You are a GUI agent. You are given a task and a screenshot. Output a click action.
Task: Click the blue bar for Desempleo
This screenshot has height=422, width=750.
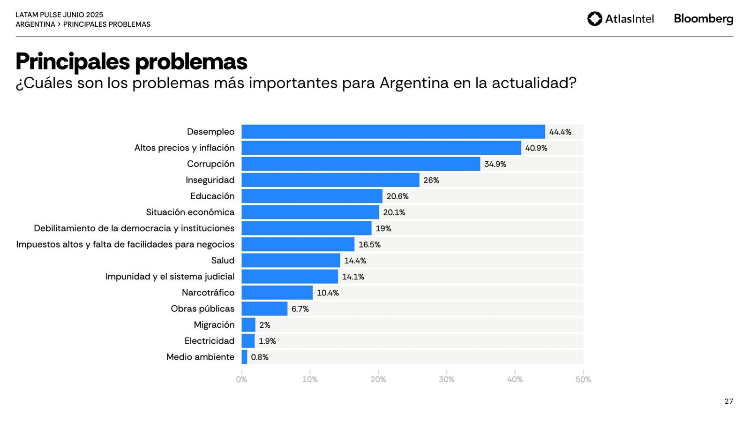393,132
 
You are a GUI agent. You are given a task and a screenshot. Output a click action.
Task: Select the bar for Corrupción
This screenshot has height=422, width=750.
360,164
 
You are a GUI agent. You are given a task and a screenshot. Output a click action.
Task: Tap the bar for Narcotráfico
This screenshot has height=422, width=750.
277,293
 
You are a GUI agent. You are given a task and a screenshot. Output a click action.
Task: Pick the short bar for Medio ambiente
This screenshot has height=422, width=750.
244,357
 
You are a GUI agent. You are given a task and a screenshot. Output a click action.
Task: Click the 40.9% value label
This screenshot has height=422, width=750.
536,148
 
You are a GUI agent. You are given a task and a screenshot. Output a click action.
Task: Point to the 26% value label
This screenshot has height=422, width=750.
431,180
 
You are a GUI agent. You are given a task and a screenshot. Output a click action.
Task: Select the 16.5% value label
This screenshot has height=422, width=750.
369,245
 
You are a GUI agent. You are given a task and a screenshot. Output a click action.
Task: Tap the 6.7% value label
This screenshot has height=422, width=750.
300,309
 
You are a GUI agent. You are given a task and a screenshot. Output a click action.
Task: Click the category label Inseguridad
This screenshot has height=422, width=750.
210,180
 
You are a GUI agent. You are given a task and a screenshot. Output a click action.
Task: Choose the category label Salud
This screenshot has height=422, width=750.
223,261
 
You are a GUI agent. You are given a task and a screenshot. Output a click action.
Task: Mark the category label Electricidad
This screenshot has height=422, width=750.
209,341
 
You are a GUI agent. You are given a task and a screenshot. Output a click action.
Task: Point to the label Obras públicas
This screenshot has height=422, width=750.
202,309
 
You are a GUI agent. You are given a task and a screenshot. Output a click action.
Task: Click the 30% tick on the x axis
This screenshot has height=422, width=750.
446,379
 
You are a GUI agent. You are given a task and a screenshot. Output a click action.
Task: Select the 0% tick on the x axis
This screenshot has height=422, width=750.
241,379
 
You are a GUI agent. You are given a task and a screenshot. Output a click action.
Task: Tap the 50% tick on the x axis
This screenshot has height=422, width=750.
583,379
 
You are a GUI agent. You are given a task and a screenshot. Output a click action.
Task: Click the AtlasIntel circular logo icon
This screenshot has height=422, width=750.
594,19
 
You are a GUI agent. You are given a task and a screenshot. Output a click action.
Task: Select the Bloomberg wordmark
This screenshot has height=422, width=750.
703,19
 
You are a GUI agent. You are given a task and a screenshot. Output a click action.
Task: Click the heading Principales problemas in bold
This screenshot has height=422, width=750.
131,61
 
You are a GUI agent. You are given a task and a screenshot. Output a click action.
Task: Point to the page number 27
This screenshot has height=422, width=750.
728,401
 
